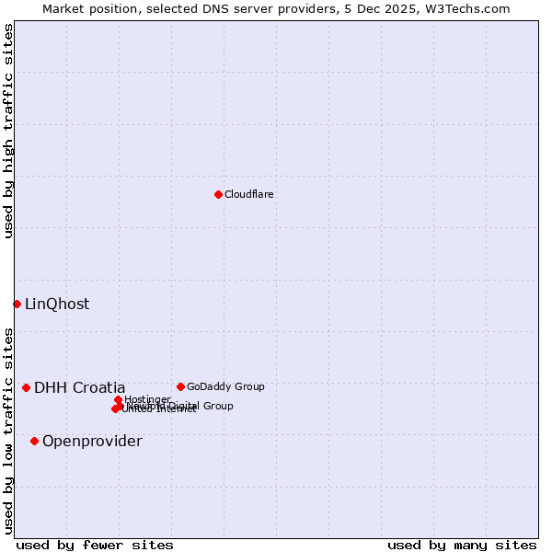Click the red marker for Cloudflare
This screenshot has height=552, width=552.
click(218, 194)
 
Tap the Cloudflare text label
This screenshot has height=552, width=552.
click(249, 195)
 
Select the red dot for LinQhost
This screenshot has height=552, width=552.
click(17, 304)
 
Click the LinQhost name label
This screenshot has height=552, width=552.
click(57, 305)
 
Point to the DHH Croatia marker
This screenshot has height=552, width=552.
click(27, 387)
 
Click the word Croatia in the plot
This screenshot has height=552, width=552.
click(98, 388)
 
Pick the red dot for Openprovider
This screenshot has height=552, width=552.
click(35, 441)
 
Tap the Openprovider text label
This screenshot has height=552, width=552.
click(92, 442)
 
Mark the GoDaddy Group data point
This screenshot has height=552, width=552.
click(180, 386)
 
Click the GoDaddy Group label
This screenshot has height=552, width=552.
click(225, 387)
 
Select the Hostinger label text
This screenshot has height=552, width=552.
click(148, 399)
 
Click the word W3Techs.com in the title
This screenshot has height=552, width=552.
click(466, 9)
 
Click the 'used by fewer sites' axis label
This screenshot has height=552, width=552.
click(95, 546)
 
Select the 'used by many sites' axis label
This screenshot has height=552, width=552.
click(462, 546)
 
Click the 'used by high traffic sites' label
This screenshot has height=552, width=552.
click(9, 131)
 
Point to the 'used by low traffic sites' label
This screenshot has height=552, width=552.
click(9, 431)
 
